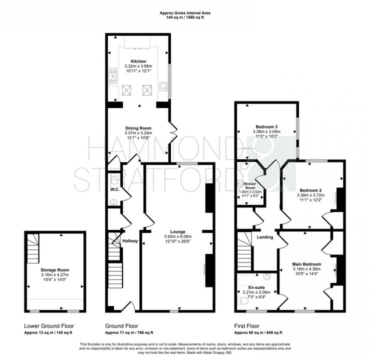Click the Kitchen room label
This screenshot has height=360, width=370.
pyautogui.click(x=138, y=61)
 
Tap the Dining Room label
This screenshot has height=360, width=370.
pyautogui.click(x=138, y=128)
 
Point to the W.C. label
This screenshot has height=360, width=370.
pyautogui.click(x=115, y=189)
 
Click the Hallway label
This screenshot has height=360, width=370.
pyautogui.click(x=130, y=241)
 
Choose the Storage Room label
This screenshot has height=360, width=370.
pyautogui.click(x=55, y=270)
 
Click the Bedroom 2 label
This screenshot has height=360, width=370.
pyautogui.click(x=310, y=190)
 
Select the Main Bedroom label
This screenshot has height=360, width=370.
pyautogui.click(x=307, y=264)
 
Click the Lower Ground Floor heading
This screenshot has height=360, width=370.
pyautogui.click(x=49, y=326)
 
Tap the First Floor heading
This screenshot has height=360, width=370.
pyautogui.click(x=247, y=326)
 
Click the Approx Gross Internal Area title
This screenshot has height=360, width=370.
pyautogui.click(x=185, y=13)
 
